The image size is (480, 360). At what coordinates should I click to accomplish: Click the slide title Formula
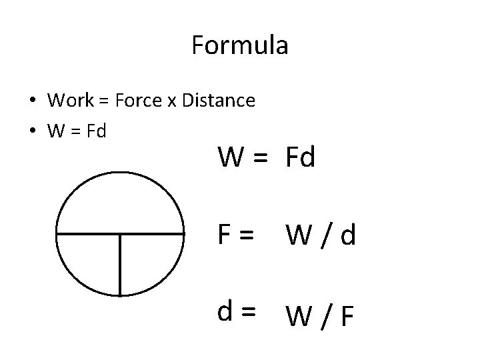pyautogui.click(x=239, y=45)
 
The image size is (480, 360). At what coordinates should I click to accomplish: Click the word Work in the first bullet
pyautogui.click(x=71, y=101)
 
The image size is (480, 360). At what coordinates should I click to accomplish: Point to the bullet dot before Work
pyautogui.click(x=32, y=101)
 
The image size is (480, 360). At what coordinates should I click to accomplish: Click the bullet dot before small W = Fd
pyautogui.click(x=32, y=131)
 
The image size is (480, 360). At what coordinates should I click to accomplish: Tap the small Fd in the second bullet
pyautogui.click(x=96, y=130)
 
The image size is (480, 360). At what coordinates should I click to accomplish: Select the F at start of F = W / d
pyautogui.click(x=225, y=234)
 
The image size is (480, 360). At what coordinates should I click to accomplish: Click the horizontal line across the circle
pyautogui.click(x=87, y=234)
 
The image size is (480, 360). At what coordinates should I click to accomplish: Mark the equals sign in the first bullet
pyautogui.click(x=103, y=101)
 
